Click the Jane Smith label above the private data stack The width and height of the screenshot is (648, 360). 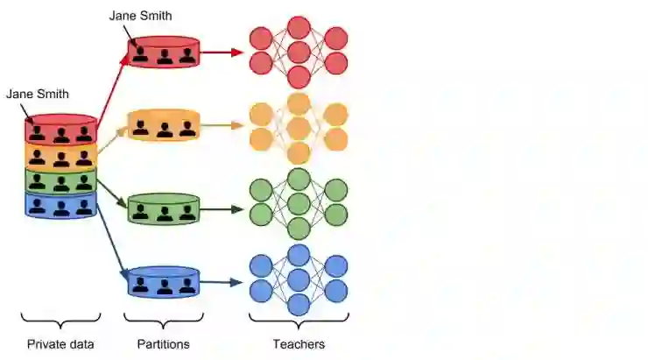click(x=37, y=94)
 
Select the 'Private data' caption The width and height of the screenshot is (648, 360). click(x=60, y=344)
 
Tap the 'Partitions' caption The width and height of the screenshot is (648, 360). click(x=163, y=344)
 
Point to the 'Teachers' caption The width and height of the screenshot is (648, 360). click(x=299, y=344)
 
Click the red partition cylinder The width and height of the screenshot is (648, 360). click(x=164, y=53)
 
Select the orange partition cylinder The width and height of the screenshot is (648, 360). click(x=164, y=125)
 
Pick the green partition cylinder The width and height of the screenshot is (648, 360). click(x=164, y=208)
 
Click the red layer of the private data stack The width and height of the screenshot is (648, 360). click(x=60, y=131)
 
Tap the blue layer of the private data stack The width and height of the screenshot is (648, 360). click(x=60, y=206)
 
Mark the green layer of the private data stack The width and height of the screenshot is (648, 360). click(x=60, y=181)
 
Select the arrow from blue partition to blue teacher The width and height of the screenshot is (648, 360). click(x=222, y=282)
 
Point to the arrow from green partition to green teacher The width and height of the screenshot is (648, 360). click(x=222, y=209)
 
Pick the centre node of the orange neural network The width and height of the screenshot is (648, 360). click(x=299, y=128)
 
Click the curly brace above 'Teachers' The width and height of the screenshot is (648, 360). click(x=299, y=321)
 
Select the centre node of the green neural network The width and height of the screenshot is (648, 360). click(x=299, y=204)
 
